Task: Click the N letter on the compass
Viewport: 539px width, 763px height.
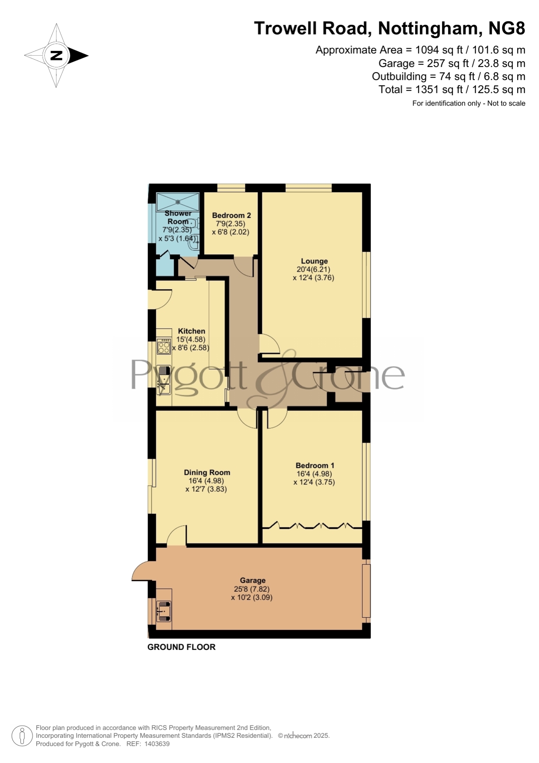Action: click(x=56, y=56)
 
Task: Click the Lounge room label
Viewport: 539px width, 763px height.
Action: click(x=314, y=261)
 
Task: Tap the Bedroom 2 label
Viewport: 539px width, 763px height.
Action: click(x=231, y=215)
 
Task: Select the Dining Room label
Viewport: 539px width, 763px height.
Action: click(x=207, y=473)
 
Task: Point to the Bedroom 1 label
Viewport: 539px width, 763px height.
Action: click(x=315, y=466)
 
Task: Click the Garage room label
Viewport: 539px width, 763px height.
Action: click(x=253, y=580)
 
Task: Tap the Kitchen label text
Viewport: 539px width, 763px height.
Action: click(x=192, y=331)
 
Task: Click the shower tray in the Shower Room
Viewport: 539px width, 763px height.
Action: click(x=178, y=202)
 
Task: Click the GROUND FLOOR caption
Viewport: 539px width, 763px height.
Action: click(x=182, y=647)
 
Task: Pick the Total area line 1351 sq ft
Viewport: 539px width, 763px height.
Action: click(x=452, y=90)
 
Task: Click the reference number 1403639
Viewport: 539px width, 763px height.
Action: click(x=157, y=744)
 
